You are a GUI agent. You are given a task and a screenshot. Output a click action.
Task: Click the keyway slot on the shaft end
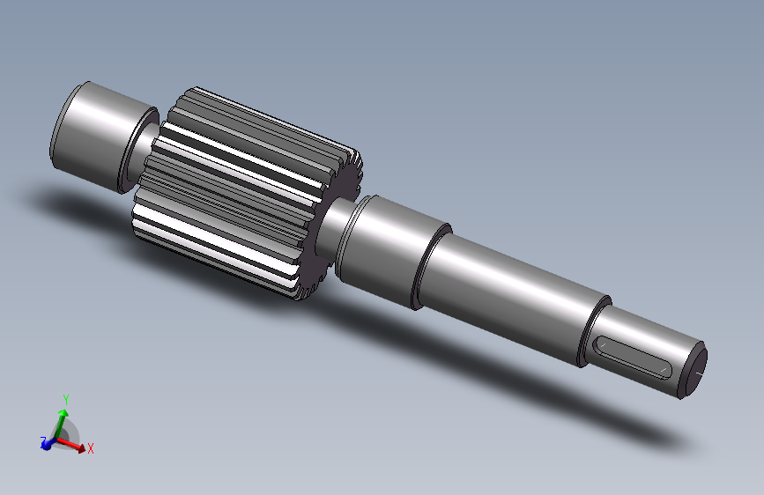pyautogui.click(x=632, y=357)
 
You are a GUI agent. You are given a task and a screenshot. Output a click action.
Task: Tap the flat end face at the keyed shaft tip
pyautogui.click(x=694, y=371)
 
